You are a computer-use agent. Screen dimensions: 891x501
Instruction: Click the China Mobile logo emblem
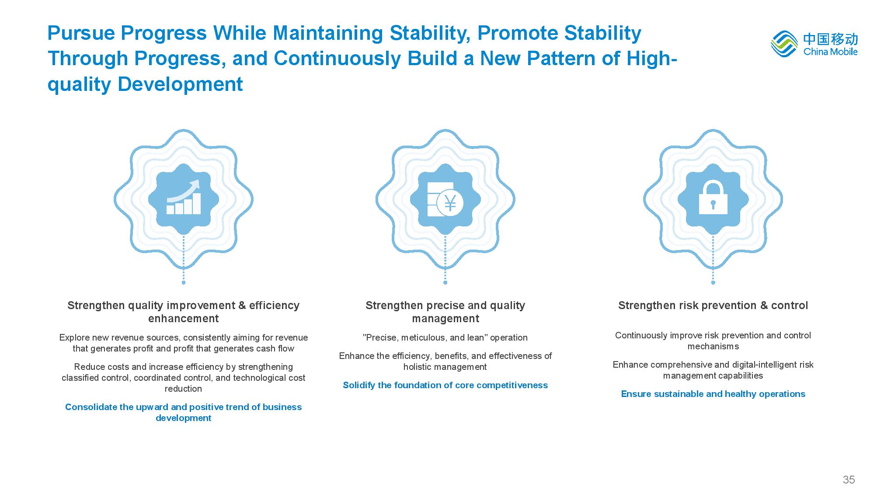point(785,44)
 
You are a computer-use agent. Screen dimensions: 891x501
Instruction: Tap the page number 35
point(849,480)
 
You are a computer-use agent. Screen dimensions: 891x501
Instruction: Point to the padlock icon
point(713,197)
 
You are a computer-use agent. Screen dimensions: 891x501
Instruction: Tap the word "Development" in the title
point(180,84)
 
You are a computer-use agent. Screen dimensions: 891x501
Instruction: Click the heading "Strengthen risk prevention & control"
point(713,305)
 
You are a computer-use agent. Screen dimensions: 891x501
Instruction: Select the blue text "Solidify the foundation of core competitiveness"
point(445,385)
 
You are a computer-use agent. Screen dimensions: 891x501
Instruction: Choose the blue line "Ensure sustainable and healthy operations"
point(713,394)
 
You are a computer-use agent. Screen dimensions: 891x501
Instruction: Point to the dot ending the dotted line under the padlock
point(713,282)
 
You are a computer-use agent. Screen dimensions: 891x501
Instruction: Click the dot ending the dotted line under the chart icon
point(184,282)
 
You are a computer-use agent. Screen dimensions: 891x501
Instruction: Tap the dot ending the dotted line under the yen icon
point(445,282)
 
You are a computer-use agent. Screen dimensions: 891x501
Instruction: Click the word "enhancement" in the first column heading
point(184,318)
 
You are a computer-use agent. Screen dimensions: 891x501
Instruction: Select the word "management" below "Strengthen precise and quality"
point(445,319)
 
